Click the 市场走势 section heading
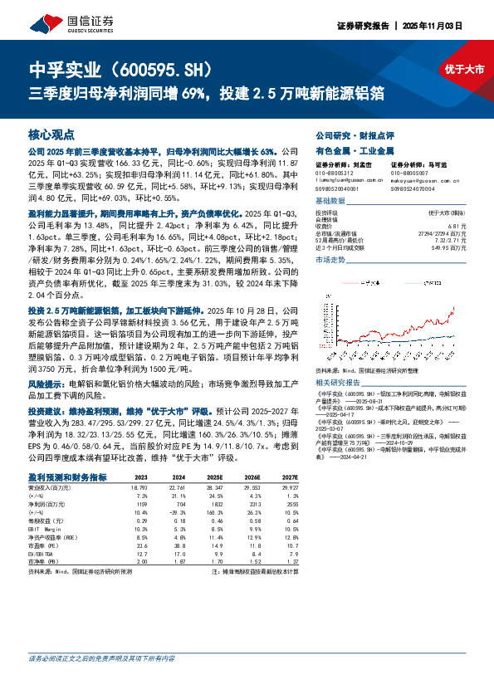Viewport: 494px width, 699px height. pos(332,260)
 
